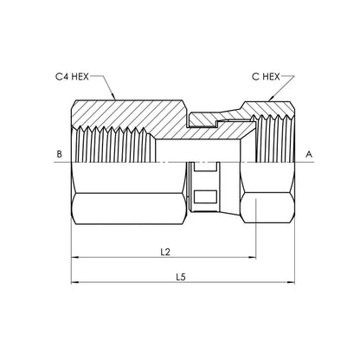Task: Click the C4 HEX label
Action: pyautogui.click(x=72, y=77)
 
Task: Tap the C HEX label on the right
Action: pyautogui.click(x=266, y=77)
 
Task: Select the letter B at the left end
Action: pyautogui.click(x=59, y=154)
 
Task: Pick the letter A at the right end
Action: pyautogui.click(x=309, y=155)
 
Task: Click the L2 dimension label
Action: pyautogui.click(x=165, y=252)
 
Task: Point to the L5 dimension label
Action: pyautogui.click(x=181, y=277)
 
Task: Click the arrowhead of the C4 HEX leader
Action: pyautogui.click(x=113, y=98)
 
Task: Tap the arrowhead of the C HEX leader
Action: pyautogui.click(x=270, y=99)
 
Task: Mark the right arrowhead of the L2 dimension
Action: pyautogui.click(x=253, y=257)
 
